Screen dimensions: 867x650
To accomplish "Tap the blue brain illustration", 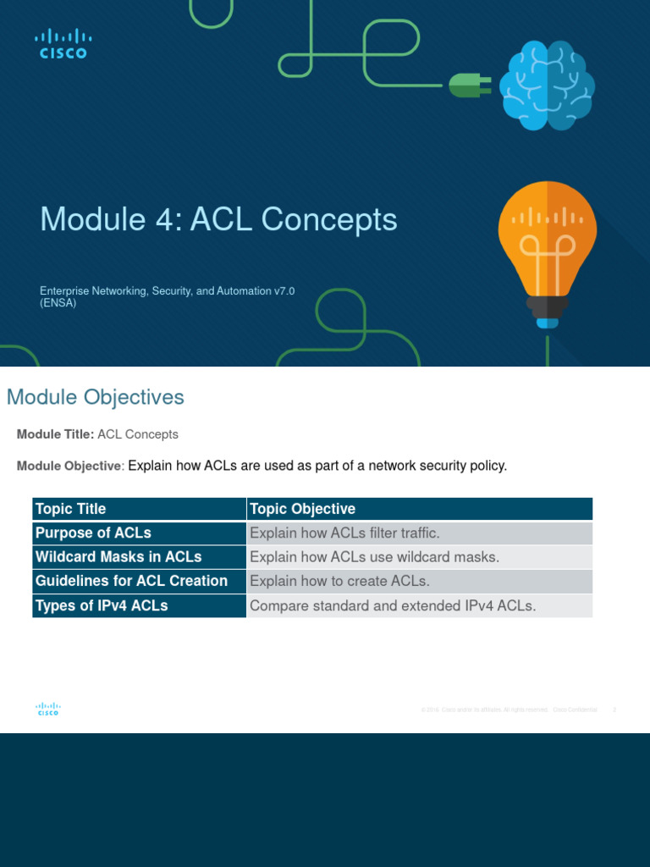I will click(x=546, y=86).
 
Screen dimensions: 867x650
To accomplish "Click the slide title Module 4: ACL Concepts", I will click(x=218, y=219).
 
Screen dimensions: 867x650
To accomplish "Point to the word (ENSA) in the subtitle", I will click(x=58, y=303).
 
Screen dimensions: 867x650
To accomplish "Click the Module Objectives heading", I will click(x=95, y=397).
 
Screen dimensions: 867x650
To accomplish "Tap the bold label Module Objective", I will click(x=69, y=467).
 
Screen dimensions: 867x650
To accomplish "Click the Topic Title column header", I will click(x=70, y=509).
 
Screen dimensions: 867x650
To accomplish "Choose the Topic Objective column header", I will click(x=302, y=509).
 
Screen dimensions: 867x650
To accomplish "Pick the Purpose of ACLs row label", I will click(x=93, y=533).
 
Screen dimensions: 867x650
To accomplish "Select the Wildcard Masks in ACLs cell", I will click(x=118, y=557).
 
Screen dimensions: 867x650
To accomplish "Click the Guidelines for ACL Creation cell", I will click(x=131, y=581).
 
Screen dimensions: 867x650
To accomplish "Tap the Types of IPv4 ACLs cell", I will click(x=102, y=605).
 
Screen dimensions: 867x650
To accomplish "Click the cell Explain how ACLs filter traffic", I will click(x=345, y=533).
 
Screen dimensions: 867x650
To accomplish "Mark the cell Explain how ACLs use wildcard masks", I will click(x=375, y=557).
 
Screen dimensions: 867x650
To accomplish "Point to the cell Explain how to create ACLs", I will click(x=340, y=581).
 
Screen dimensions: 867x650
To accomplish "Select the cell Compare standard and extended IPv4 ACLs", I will click(x=393, y=605).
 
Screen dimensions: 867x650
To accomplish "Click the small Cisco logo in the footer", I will click(x=47, y=710).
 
